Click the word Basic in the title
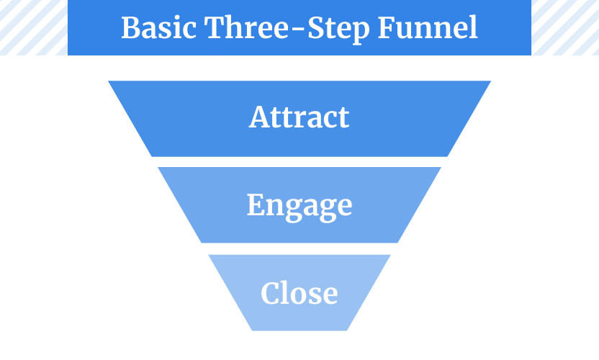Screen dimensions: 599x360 [x=158, y=27]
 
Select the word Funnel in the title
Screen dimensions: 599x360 [x=428, y=27]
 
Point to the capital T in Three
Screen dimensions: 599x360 [x=216, y=27]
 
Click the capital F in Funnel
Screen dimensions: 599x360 [x=387, y=27]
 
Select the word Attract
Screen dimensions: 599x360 [x=299, y=117]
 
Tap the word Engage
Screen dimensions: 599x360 [x=299, y=207]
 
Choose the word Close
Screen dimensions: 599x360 [x=299, y=293]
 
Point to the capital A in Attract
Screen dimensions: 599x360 [x=259, y=117]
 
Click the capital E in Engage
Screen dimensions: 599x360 [x=256, y=204]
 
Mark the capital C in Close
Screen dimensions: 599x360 [x=271, y=293]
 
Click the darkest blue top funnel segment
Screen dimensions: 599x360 [x=299, y=119]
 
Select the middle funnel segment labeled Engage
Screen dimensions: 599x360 [x=299, y=205]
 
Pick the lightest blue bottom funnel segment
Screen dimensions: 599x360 [x=299, y=293]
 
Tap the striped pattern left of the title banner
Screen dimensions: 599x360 [x=34, y=27]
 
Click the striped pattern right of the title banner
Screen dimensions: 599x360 [x=565, y=27]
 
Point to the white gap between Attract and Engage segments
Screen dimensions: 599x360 [x=299, y=162]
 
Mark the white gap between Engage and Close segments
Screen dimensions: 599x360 [x=299, y=249]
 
